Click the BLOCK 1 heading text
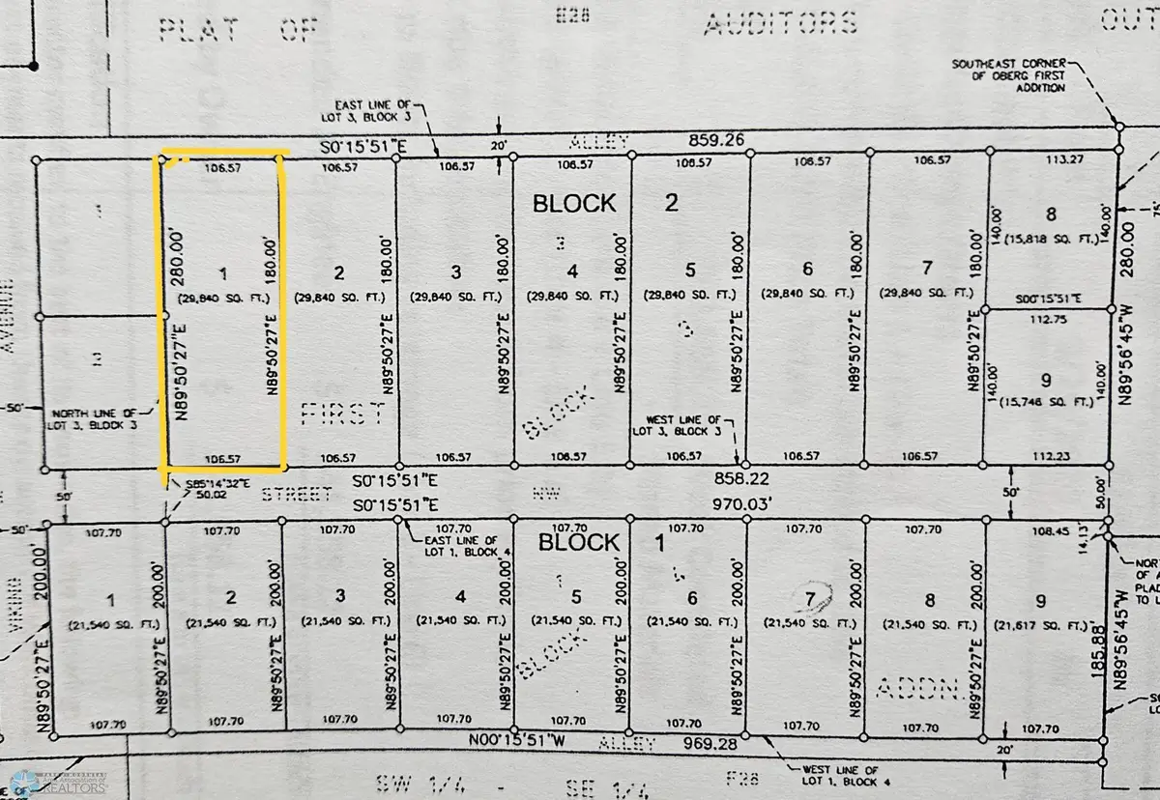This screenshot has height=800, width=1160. [600, 543]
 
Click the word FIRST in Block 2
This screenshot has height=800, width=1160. [342, 414]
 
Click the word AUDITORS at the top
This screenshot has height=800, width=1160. [779, 23]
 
